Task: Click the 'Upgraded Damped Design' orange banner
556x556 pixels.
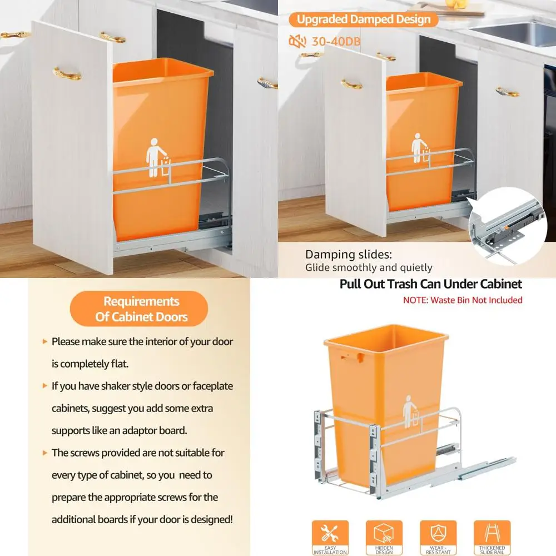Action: [363, 19]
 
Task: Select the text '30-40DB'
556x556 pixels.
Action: [329, 41]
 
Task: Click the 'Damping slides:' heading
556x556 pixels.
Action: [349, 255]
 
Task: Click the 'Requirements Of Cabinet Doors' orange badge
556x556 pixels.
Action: [138, 309]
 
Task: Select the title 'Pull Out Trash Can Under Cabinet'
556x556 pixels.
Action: [431, 284]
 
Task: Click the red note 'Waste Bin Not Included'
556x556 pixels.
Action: [463, 300]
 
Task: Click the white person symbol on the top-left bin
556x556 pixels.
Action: [156, 157]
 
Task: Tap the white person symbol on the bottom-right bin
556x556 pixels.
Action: [410, 411]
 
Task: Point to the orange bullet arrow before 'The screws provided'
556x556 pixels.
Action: [44, 453]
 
